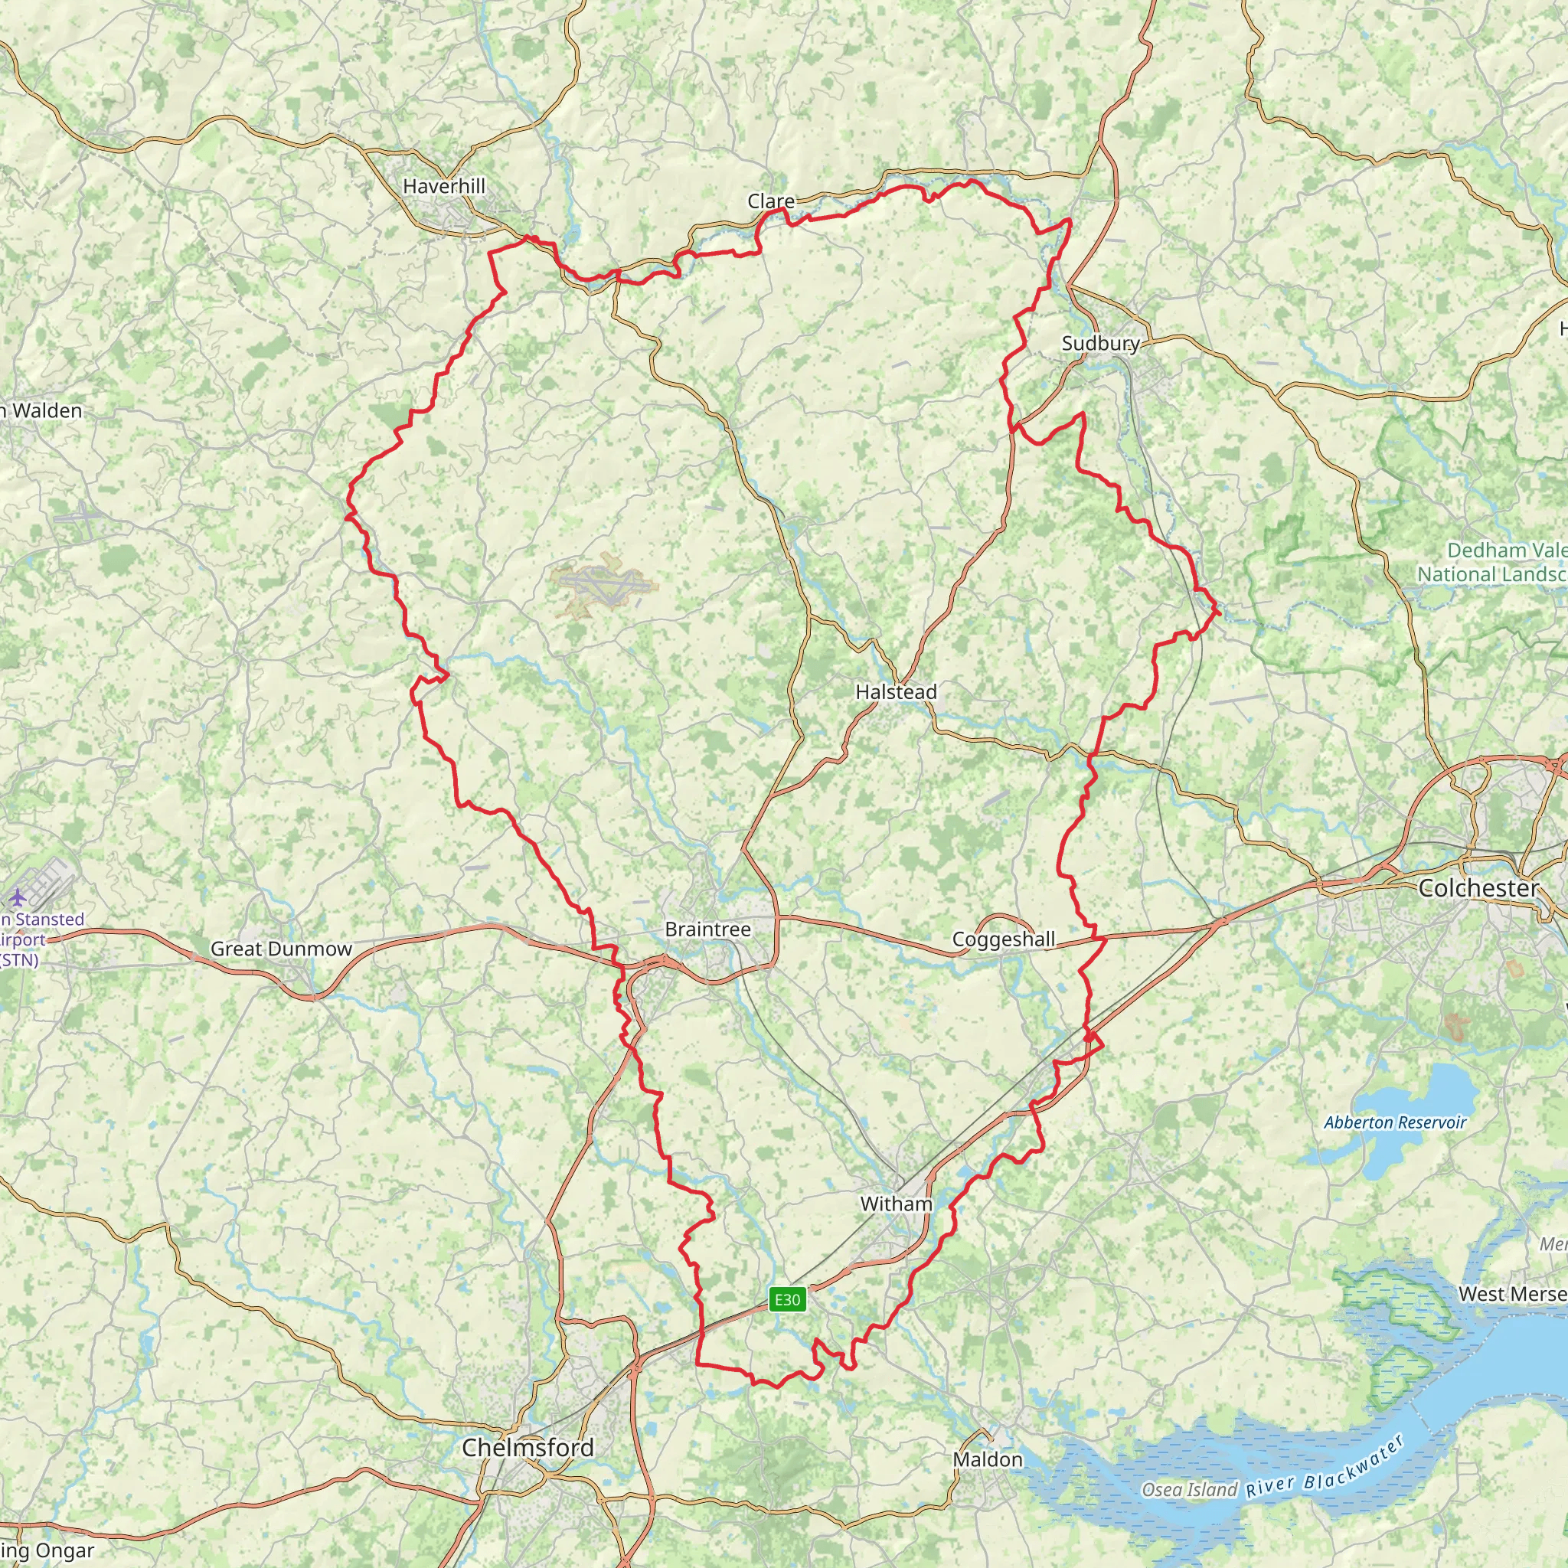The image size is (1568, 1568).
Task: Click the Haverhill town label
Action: (444, 187)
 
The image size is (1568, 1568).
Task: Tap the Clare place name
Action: (771, 201)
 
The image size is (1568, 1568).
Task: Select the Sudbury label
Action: (1100, 343)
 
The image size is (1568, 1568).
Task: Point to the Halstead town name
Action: (896, 692)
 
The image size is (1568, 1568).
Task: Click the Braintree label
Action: (707, 929)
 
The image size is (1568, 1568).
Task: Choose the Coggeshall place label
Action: (1003, 940)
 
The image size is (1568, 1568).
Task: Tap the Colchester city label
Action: (1478, 889)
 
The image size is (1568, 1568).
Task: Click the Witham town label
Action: (896, 1204)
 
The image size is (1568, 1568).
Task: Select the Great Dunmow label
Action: (281, 949)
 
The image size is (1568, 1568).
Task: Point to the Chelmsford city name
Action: (528, 1447)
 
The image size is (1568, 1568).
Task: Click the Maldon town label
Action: (988, 1459)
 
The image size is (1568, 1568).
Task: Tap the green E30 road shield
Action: (787, 1300)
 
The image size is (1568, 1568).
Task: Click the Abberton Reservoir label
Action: (1395, 1122)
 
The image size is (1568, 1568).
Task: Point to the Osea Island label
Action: (1189, 1490)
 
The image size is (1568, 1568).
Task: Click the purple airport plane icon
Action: (17, 897)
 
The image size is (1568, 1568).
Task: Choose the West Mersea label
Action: (1512, 1295)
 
